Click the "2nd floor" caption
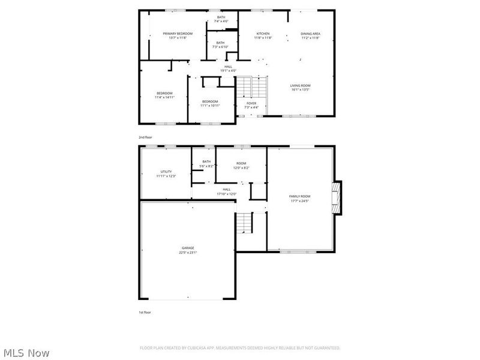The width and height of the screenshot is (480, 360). (145, 137)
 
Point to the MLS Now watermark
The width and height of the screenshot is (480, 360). (27, 353)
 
